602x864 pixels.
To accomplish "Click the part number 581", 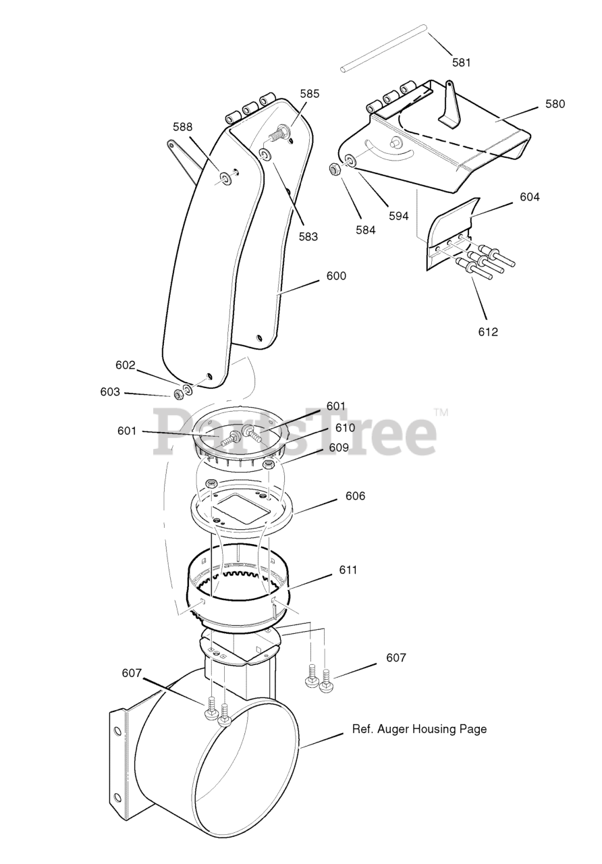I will tap(462, 62).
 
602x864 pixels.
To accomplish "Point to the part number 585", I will tap(310, 94).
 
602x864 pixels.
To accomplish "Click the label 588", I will tap(183, 126).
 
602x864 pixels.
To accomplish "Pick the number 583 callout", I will tap(308, 237).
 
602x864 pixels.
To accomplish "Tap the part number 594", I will tap(399, 216).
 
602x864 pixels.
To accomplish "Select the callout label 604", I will tap(530, 197).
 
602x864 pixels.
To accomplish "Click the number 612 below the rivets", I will tap(488, 331).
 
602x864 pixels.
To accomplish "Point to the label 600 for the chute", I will tap(336, 275).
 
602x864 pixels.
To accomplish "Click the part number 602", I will tap(126, 364).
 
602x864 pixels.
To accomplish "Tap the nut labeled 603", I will tap(179, 394).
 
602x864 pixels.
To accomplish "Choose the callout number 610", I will tap(345, 428).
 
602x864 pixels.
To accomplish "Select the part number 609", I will tap(339, 447).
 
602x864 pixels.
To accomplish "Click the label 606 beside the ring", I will tap(355, 496).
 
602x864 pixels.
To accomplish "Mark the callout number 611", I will tap(348, 570).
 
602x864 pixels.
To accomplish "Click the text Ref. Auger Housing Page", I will tap(419, 729).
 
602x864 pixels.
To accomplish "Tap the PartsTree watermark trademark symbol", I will tap(441, 412).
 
